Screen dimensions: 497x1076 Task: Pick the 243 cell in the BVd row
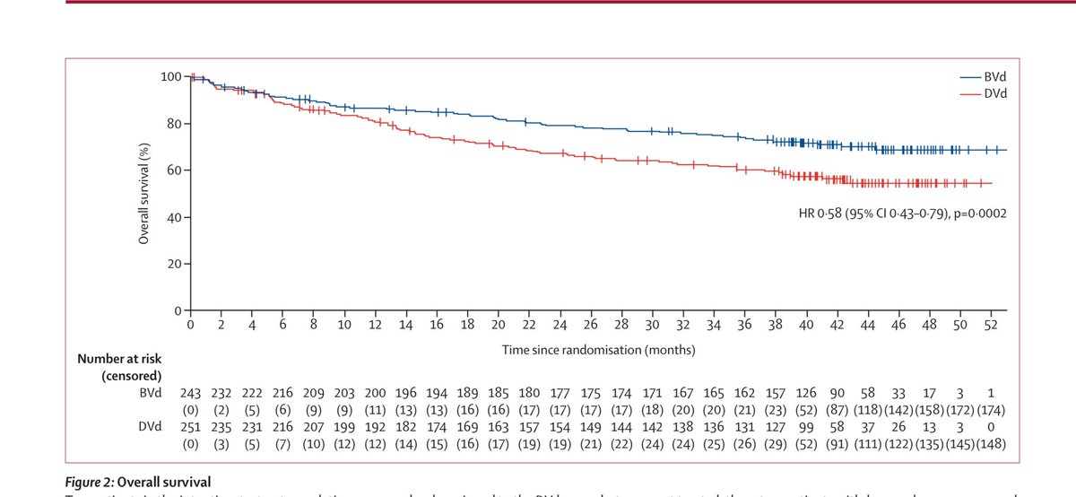191,393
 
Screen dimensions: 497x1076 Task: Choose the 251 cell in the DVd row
191,429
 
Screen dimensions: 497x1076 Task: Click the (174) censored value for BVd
1008,409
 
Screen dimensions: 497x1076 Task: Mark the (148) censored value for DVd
1008,445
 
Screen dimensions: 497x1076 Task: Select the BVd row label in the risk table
148,393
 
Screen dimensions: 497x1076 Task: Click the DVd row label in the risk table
148,429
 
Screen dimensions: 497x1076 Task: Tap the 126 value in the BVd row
806,393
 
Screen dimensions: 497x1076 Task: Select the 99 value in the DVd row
806,429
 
